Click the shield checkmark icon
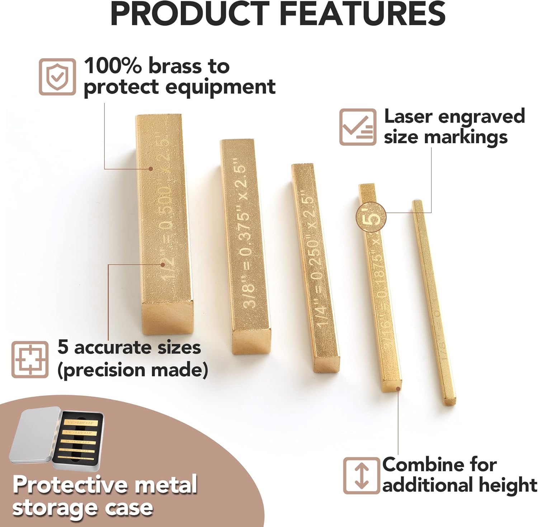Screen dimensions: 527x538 (x=57, y=77)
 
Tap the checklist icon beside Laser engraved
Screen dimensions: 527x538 (x=358, y=127)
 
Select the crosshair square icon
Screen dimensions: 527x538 (x=30, y=359)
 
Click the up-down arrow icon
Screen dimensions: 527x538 (x=361, y=476)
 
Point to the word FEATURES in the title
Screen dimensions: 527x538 (x=362, y=14)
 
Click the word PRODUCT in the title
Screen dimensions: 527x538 (x=190, y=14)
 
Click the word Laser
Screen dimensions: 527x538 (x=408, y=117)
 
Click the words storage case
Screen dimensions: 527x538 (x=83, y=508)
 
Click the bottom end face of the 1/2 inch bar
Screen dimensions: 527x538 (x=167, y=317)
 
